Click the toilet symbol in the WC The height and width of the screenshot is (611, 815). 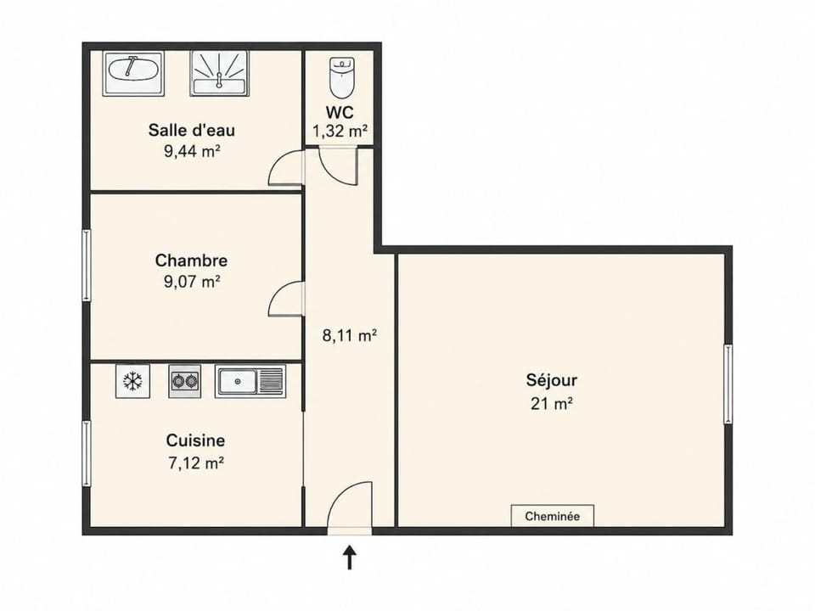pos(342,77)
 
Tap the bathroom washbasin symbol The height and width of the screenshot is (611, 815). pos(133,73)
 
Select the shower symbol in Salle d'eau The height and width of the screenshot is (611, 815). pos(219,73)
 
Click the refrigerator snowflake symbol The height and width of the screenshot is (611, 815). pos(132,381)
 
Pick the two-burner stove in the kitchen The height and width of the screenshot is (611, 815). pos(184,381)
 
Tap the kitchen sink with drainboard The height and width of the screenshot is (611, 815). pos(250,381)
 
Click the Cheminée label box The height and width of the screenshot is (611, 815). pos(553,516)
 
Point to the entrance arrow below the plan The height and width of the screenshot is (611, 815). pos(349,557)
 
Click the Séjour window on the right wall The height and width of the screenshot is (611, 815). pos(728,384)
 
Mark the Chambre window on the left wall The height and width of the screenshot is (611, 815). pos(87,265)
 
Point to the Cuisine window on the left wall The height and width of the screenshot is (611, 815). pos(87,453)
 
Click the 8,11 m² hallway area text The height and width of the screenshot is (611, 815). pos(349,336)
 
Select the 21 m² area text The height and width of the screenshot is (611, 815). pos(552,404)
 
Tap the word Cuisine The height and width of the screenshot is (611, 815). pos(195,440)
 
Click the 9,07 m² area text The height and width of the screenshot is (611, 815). pos(192,282)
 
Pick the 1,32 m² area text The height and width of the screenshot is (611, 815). pos(340,131)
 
